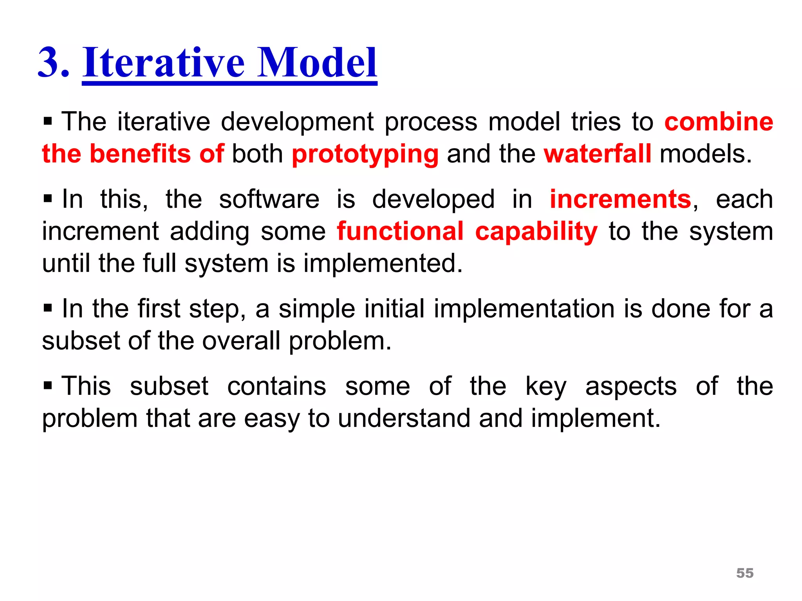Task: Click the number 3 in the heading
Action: [49, 63]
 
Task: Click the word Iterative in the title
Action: [163, 63]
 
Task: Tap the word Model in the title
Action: [317, 63]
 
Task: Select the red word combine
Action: [719, 121]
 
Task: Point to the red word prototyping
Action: [365, 154]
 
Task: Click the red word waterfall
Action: [598, 153]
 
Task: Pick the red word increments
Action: [621, 199]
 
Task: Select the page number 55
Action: [745, 573]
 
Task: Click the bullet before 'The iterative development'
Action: [48, 122]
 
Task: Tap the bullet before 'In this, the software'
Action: [48, 199]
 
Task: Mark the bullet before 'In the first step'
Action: [48, 308]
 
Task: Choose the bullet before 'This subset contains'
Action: [48, 386]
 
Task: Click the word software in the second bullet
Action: [269, 199]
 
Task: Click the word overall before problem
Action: [241, 341]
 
